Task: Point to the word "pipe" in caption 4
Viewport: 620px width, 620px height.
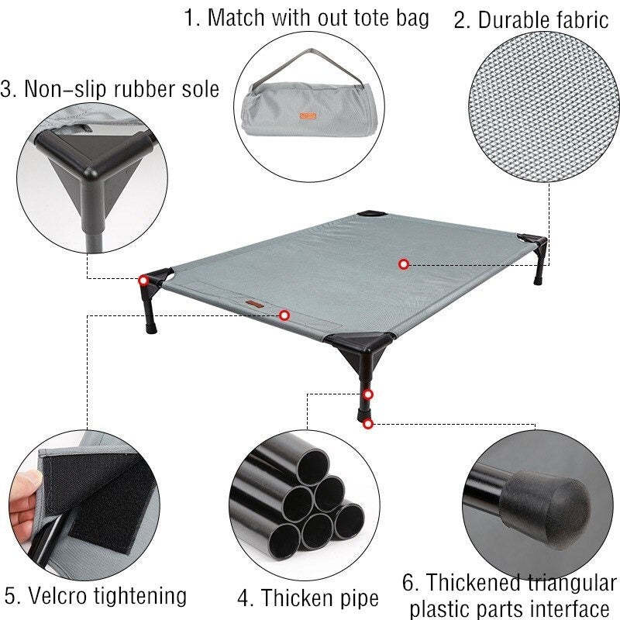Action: tap(358, 598)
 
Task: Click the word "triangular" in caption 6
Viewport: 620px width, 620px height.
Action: tap(571, 584)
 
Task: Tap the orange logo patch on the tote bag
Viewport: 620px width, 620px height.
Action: tap(308, 115)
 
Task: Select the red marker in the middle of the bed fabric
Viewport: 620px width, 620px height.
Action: tap(403, 264)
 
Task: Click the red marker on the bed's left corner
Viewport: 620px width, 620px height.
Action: tap(143, 281)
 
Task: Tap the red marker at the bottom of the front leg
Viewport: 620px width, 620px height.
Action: tap(368, 424)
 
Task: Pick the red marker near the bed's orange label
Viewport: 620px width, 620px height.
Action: tap(284, 315)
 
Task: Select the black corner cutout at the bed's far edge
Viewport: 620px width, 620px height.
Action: tap(372, 214)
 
